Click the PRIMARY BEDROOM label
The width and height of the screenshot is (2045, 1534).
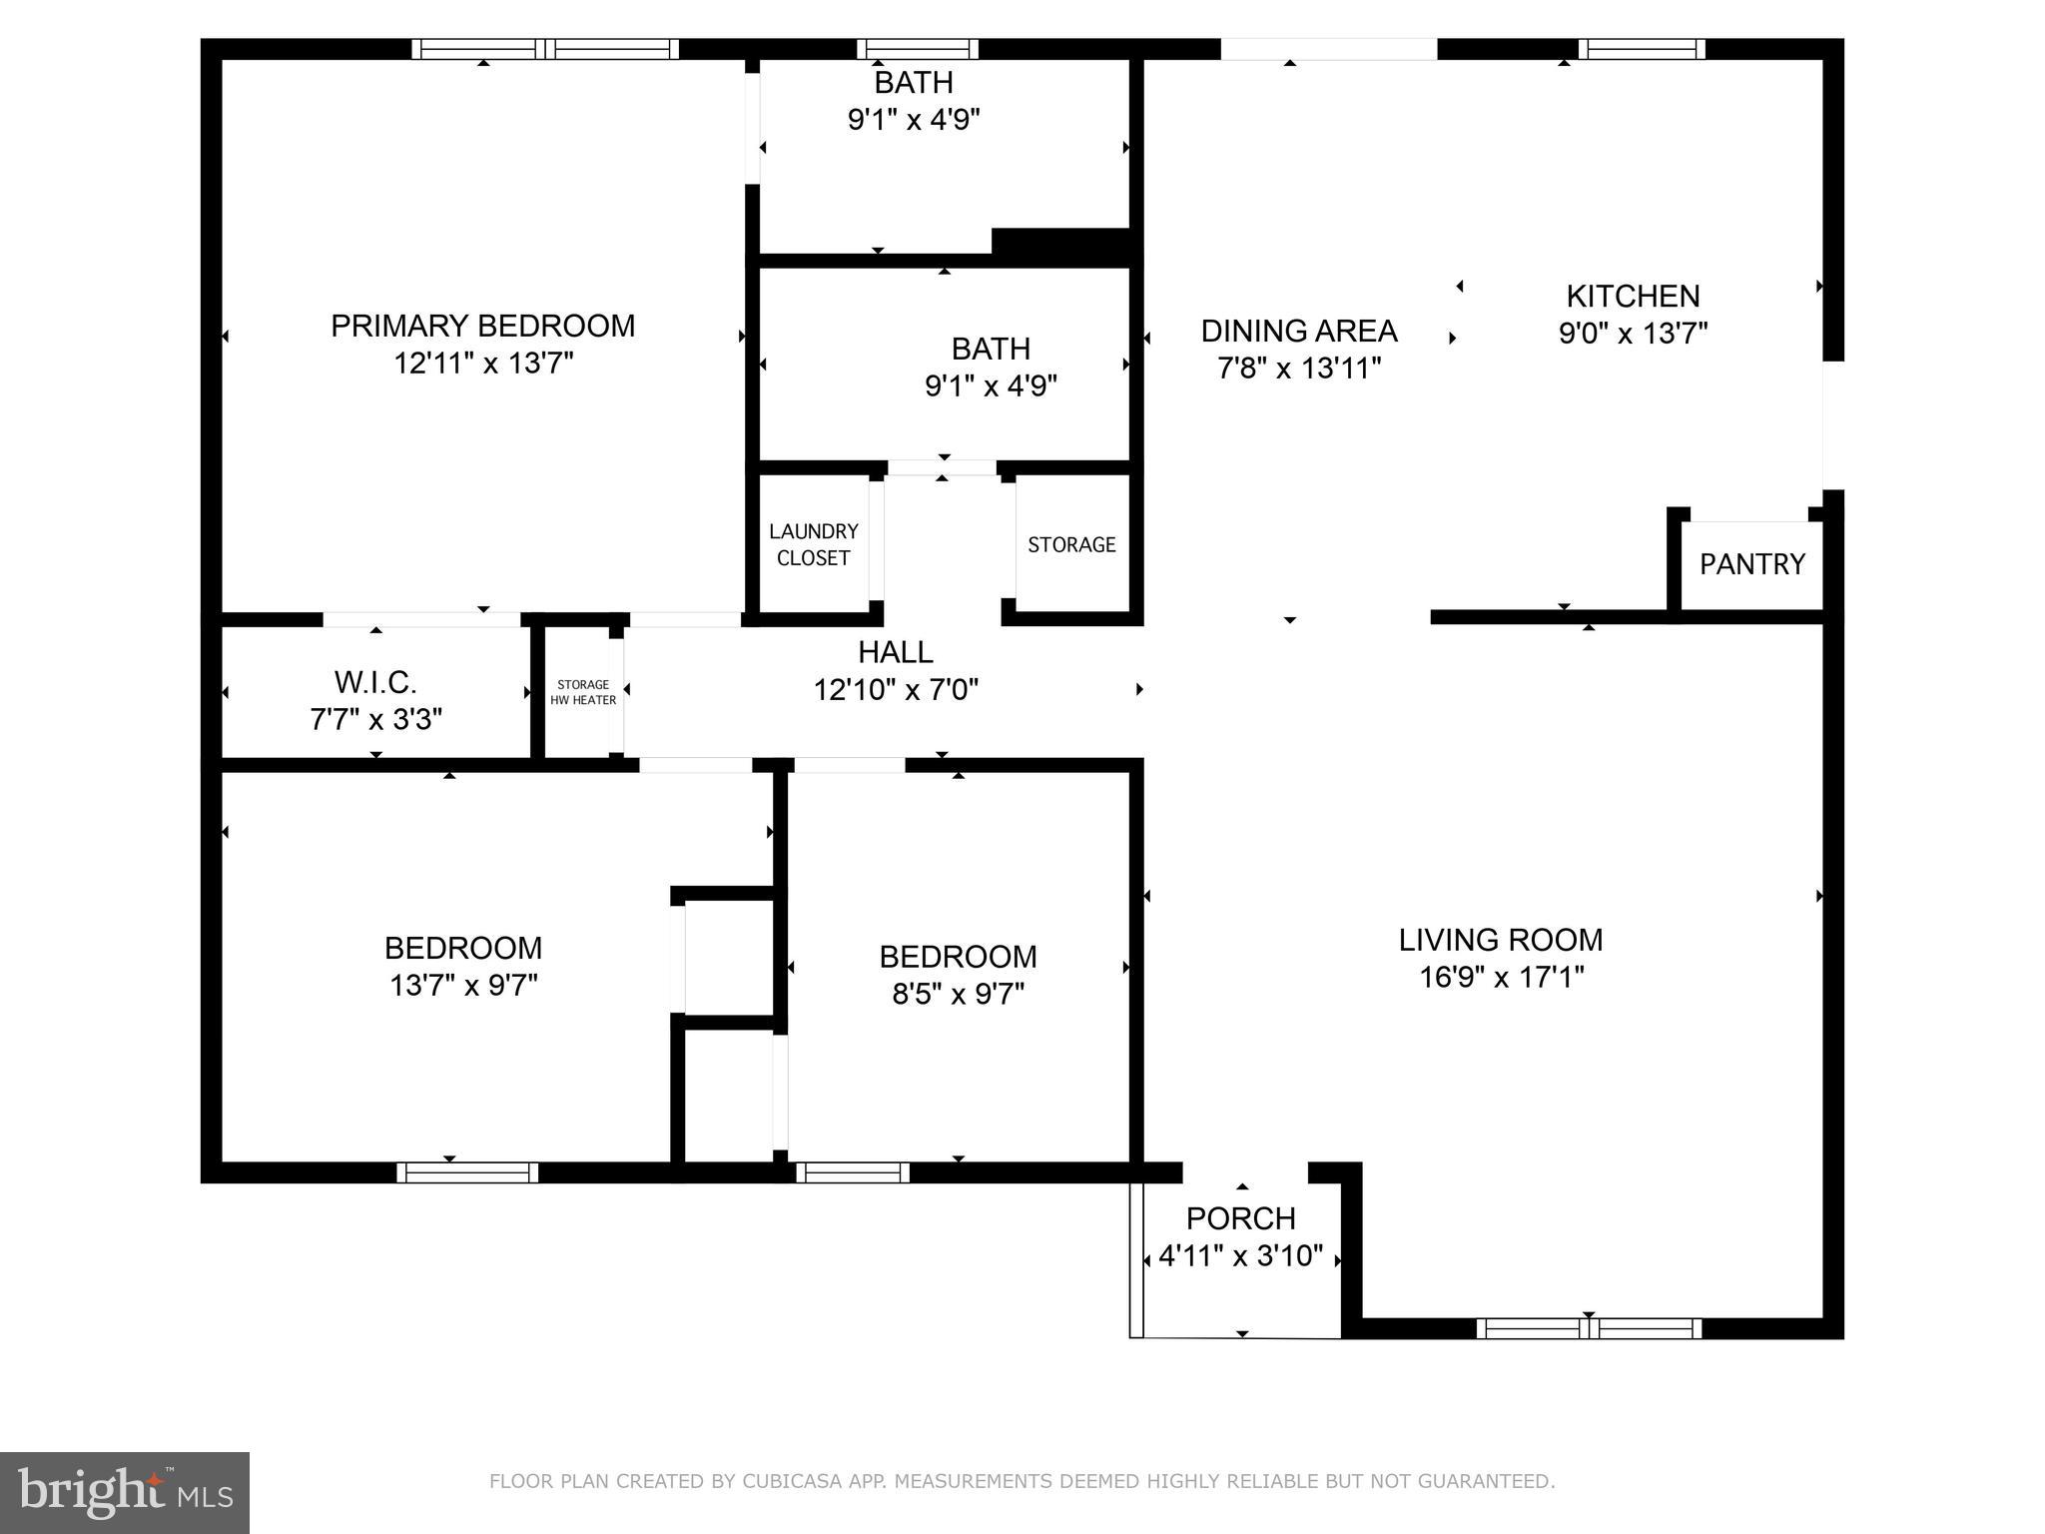point(482,326)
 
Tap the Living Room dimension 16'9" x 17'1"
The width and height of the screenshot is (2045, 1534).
point(1501,977)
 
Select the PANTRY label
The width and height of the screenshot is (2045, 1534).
point(1751,564)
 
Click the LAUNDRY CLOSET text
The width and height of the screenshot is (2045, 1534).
point(813,544)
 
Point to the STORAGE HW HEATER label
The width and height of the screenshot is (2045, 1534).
point(583,692)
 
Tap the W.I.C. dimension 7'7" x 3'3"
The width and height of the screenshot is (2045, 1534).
point(375,719)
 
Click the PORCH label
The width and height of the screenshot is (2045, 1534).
point(1240,1218)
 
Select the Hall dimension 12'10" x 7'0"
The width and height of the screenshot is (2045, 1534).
point(896,689)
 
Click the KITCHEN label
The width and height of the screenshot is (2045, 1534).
point(1633,296)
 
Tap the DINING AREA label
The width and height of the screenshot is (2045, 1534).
point(1298,331)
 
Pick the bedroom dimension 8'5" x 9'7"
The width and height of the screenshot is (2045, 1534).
point(958,994)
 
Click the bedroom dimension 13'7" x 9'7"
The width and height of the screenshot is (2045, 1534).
point(463,986)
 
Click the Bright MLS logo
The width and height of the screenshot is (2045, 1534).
point(125,1492)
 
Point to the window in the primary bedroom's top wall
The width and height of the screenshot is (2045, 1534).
point(545,49)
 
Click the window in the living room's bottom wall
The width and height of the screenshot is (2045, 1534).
point(1588,1328)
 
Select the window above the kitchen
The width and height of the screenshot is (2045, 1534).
point(1641,49)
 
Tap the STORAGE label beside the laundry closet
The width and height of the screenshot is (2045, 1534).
point(1071,544)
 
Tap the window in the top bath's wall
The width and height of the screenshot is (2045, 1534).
point(917,49)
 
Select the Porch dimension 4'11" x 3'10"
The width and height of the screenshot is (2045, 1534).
point(1240,1255)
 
